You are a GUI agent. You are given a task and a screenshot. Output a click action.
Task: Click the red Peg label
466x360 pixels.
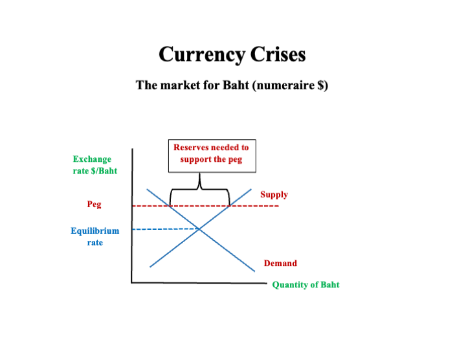tap(94, 205)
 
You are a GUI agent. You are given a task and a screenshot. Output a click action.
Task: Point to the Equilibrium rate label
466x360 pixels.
tap(95, 236)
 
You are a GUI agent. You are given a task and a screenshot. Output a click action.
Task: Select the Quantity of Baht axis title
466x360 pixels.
tap(305, 285)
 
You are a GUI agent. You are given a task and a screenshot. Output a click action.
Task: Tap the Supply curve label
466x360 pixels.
tap(274, 194)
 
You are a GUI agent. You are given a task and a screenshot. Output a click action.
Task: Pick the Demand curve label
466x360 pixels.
tap(280, 264)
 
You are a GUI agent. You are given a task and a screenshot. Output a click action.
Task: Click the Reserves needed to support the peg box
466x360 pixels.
tap(212, 155)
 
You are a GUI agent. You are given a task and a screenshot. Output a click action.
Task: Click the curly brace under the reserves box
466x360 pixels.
tap(200, 189)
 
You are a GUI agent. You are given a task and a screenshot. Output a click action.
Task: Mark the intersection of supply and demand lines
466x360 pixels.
tap(199, 229)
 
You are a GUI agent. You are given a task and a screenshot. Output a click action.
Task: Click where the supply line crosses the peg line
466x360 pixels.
tap(230, 206)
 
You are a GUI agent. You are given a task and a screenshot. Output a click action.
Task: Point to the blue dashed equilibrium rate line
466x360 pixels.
tap(165, 229)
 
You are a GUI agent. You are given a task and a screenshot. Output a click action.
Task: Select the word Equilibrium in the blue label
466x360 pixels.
tap(95, 231)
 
